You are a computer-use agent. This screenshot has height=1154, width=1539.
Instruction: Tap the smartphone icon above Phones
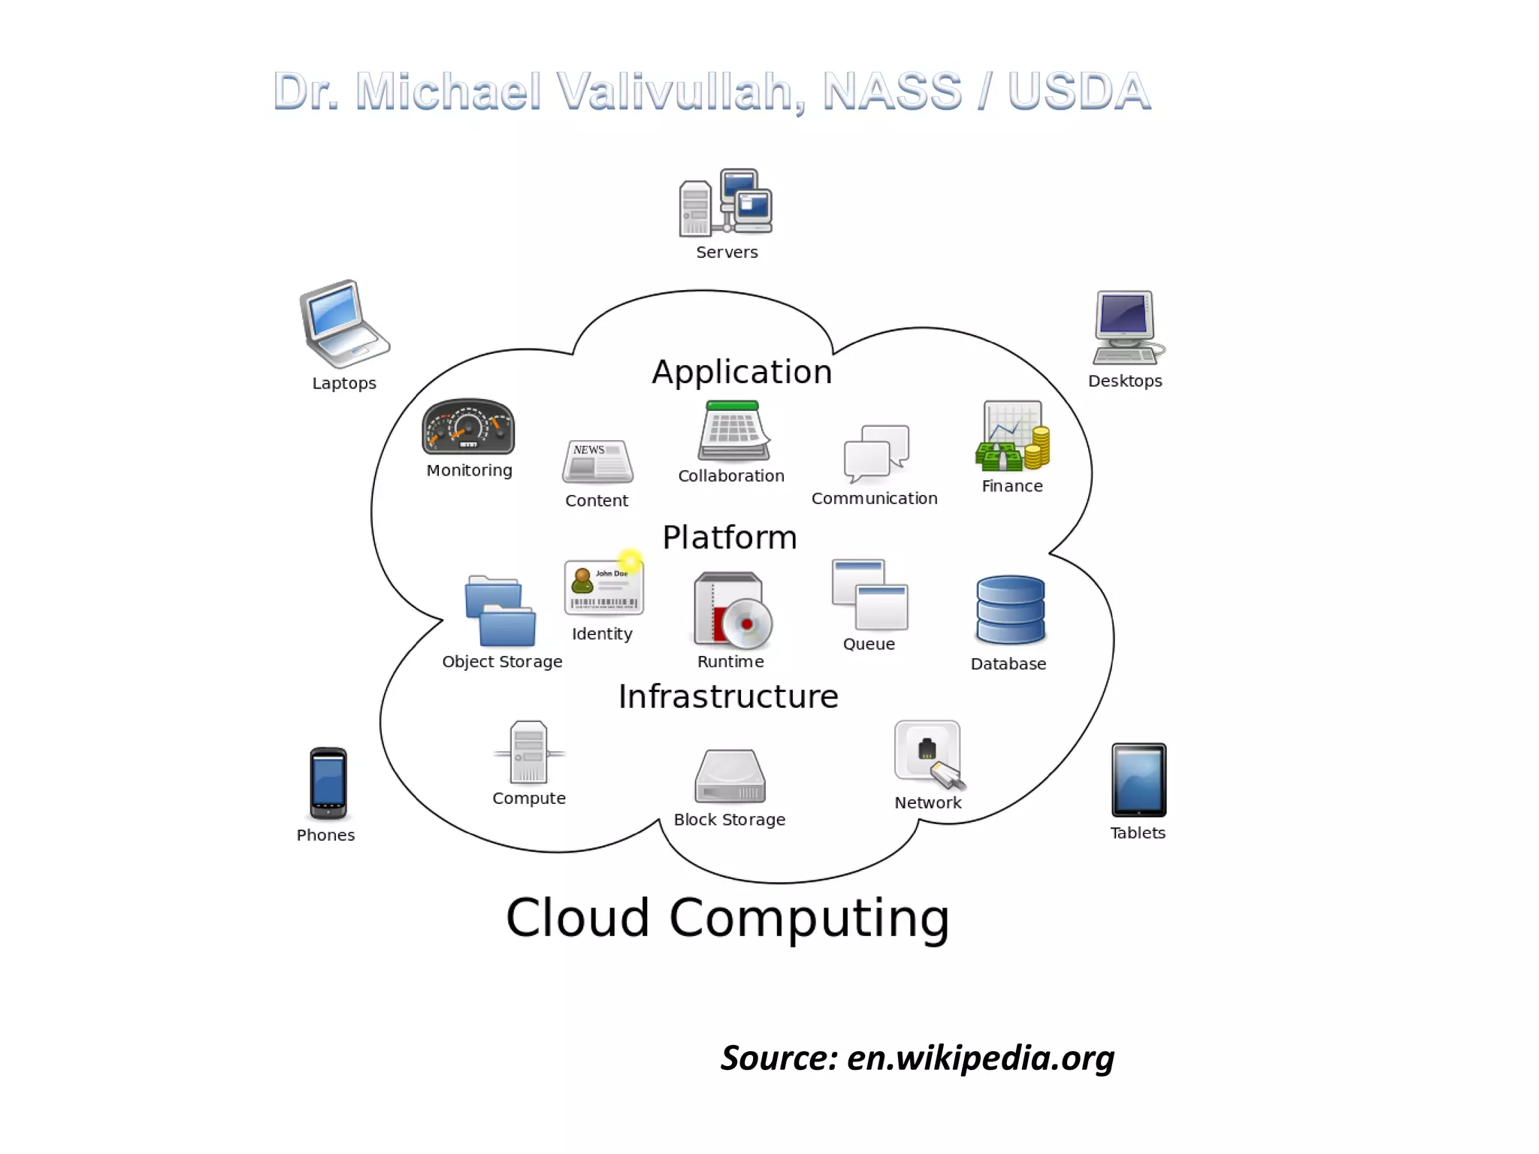click(328, 783)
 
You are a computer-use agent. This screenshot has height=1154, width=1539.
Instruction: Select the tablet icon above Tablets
click(1138, 780)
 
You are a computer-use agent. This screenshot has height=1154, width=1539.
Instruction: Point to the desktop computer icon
click(1126, 328)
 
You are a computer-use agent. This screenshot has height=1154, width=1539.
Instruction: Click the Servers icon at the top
click(726, 202)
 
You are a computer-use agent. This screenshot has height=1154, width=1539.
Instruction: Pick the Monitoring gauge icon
click(468, 426)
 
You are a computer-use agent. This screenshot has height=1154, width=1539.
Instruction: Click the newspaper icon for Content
click(597, 461)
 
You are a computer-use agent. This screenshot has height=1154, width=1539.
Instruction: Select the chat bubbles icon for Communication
click(876, 453)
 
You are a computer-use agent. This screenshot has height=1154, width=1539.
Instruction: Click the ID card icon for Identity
click(603, 588)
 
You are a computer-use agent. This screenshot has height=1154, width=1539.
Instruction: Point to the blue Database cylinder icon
click(1010, 609)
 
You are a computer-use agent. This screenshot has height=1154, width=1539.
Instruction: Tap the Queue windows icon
click(869, 594)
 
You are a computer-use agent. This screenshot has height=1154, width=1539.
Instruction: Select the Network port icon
click(929, 754)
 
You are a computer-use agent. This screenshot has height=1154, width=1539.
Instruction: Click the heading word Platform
click(729, 537)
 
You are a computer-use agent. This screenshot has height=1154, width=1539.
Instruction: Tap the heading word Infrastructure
click(728, 696)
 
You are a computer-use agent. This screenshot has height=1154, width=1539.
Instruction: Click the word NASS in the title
click(892, 92)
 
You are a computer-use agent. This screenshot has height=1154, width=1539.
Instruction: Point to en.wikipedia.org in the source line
click(981, 1058)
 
